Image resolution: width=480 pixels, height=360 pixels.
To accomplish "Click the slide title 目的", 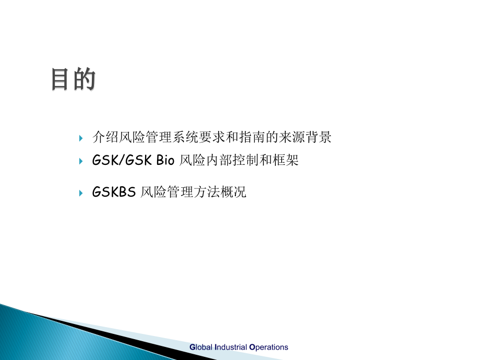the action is coord(73,79).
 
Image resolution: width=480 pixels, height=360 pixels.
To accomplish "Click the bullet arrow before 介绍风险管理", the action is coord(81,138).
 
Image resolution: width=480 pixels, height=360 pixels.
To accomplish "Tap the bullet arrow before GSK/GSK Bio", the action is coord(81,161).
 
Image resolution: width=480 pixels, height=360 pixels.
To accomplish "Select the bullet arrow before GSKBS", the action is coord(81,193).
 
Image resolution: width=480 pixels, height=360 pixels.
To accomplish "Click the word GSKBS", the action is coord(114,192).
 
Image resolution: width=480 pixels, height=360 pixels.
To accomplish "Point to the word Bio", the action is coord(165,160).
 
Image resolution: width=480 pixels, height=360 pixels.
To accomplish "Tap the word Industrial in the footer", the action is coord(231,347).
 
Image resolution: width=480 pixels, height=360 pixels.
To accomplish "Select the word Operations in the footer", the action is coord(269,347).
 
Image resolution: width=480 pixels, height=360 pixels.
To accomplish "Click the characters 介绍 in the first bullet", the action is coord(105,137).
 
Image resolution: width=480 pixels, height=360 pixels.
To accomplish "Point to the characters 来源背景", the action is coord(305,137).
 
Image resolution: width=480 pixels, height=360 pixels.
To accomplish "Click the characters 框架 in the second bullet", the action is coord(285,160).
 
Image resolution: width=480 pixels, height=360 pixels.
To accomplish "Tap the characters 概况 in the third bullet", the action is coord(233,192).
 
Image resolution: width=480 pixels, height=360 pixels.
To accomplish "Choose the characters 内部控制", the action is coord(233,160).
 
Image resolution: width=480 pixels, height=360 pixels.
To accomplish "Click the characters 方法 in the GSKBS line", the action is coord(207,192).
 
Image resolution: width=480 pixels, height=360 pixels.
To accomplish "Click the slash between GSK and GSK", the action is coord(121,160).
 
